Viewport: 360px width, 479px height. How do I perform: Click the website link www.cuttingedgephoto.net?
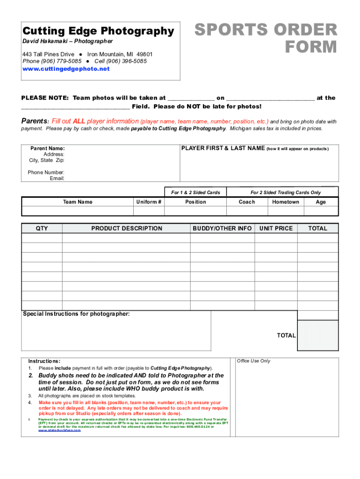click(66, 69)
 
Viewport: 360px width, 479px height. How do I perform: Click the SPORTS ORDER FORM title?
click(266, 38)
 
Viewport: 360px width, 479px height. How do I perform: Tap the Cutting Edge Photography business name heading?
click(98, 31)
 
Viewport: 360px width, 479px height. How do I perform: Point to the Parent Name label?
click(48, 148)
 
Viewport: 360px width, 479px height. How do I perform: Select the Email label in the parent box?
click(57, 178)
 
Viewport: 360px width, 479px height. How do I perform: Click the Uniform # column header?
click(149, 202)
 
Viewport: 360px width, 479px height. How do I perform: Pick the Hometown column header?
click(285, 202)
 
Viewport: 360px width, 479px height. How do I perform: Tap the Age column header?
click(321, 202)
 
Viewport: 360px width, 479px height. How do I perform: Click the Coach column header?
click(247, 202)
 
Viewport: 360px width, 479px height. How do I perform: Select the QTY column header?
click(42, 228)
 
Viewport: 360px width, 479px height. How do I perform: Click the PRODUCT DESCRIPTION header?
click(127, 228)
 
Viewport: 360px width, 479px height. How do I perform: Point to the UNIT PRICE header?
click(276, 228)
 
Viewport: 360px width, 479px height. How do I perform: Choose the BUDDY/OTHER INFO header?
click(222, 228)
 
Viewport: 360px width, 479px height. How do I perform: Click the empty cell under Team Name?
click(78, 211)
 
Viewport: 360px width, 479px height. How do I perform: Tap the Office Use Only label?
click(253, 361)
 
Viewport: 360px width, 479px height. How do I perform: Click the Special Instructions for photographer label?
click(77, 314)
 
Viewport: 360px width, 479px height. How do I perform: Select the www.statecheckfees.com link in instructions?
click(59, 430)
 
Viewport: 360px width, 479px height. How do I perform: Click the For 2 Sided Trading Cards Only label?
click(286, 192)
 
